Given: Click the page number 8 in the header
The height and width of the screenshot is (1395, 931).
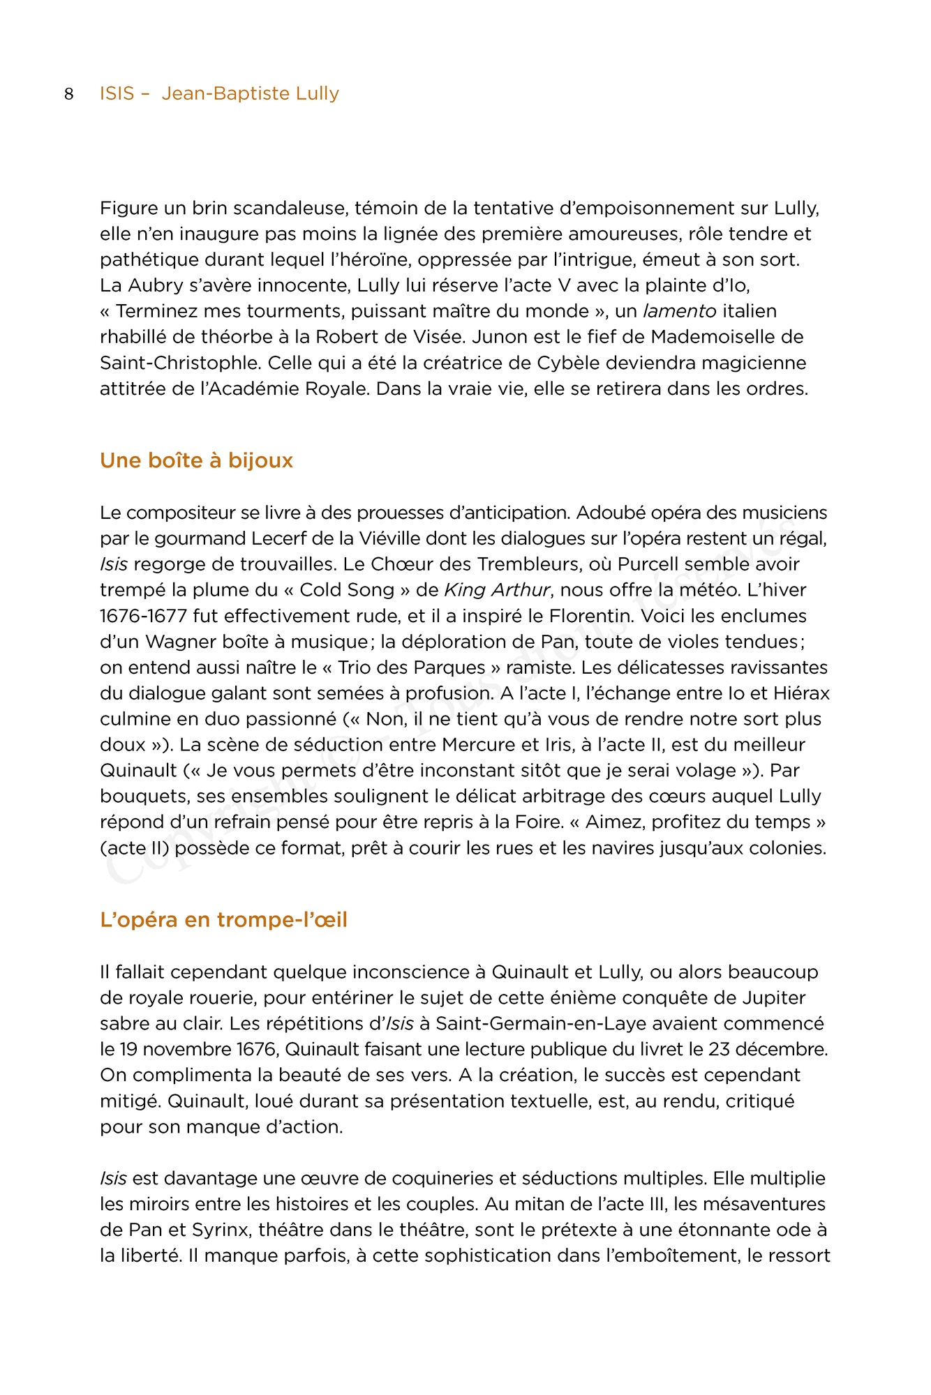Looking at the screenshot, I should coord(68,94).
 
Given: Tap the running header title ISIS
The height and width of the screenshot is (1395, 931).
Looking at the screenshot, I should coord(117,93).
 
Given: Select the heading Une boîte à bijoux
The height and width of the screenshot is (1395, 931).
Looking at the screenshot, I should coord(196,460).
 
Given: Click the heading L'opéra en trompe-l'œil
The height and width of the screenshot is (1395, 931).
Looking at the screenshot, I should coord(223,920).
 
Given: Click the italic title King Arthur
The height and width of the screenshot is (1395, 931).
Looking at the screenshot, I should coord(497,590).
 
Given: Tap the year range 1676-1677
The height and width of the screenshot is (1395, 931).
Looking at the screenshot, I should coord(143,616).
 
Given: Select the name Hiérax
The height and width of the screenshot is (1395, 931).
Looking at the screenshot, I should coord(801,693).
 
